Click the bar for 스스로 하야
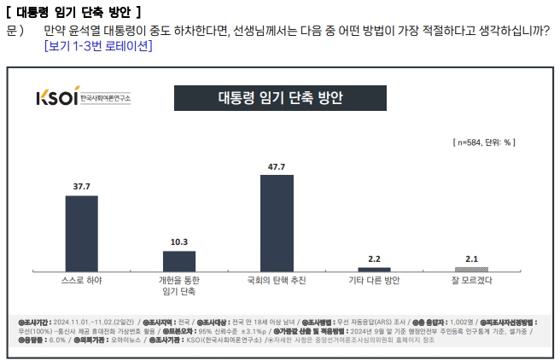pyautogui.click(x=81, y=233)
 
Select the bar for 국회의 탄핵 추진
pyautogui.click(x=277, y=223)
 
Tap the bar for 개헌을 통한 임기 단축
pyautogui.click(x=179, y=260)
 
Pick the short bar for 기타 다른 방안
pyautogui.click(x=374, y=269)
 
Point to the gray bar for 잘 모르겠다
pyautogui.click(x=471, y=269)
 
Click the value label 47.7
pyautogui.click(x=277, y=167)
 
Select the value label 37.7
pyautogui.click(x=81, y=186)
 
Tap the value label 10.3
pyautogui.click(x=179, y=242)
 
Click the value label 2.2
pyautogui.click(x=374, y=258)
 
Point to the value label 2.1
pyautogui.click(x=471, y=258)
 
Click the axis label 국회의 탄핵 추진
pyautogui.click(x=277, y=280)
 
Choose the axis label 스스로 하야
pyautogui.click(x=81, y=280)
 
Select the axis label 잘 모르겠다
pyautogui.click(x=471, y=280)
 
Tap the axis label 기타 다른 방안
pyautogui.click(x=374, y=280)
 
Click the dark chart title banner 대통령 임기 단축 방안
pyautogui.click(x=278, y=97)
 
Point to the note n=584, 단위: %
pyautogui.click(x=481, y=142)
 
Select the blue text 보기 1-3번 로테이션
pyautogui.click(x=98, y=46)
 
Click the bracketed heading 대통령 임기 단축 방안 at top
pyautogui.click(x=73, y=11)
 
